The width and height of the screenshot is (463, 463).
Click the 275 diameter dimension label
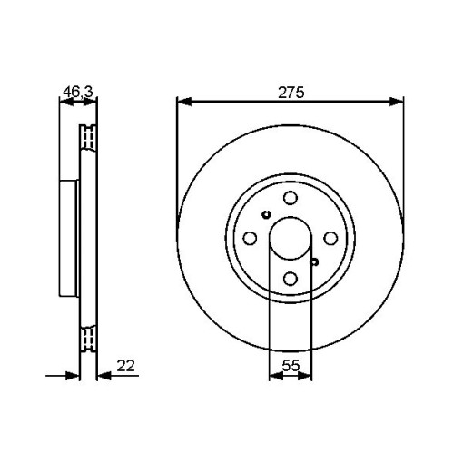(291, 93)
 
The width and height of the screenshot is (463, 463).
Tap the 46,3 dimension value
(78, 92)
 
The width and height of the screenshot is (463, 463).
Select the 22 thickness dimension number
(125, 366)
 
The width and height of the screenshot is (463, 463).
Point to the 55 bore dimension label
(291, 366)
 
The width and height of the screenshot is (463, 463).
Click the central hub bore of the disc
(291, 238)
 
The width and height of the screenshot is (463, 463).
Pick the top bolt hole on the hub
(291, 198)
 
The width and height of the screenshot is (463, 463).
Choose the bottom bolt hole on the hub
(291, 279)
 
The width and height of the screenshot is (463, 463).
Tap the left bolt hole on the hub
(250, 238)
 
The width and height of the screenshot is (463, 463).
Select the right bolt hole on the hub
(330, 238)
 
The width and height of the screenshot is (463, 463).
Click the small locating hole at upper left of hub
(266, 214)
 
